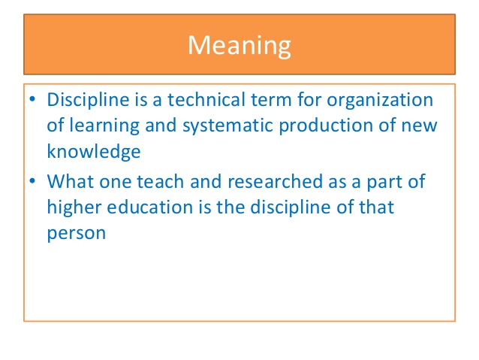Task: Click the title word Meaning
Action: tap(239, 45)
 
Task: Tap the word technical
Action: tap(202, 100)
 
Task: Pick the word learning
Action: tap(102, 126)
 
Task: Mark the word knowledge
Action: tap(95, 151)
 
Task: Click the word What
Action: tap(70, 181)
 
